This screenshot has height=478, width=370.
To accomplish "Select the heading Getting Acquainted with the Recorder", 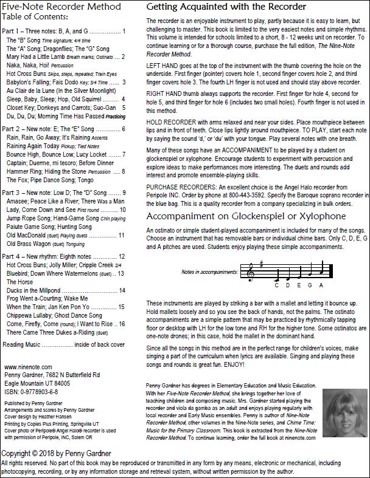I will tap(226, 7).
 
